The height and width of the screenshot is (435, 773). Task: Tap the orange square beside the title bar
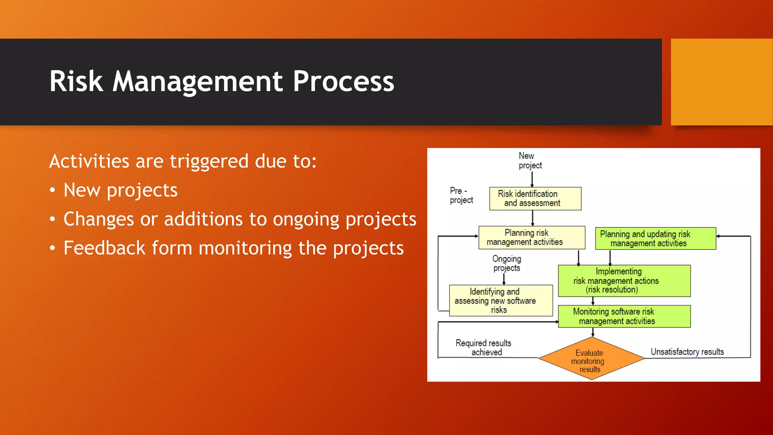pos(721,82)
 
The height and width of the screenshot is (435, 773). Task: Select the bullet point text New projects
pos(120,190)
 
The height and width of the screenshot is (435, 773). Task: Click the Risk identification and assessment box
pos(535,199)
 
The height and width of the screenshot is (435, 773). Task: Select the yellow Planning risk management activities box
pos(531,238)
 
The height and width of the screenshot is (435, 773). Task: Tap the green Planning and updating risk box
pos(655,238)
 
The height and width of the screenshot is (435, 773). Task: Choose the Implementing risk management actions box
pos(624,281)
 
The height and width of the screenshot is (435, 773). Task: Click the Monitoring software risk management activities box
pos(624,316)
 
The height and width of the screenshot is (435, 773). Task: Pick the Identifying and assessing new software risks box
pos(500,301)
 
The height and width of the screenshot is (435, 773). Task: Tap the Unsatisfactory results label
pos(687,352)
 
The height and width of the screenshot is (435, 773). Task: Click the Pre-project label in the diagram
pos(461,195)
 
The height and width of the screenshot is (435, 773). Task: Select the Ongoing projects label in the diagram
pos(507,263)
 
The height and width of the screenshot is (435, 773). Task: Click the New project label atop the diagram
pos(529,160)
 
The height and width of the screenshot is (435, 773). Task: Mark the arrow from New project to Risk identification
pos(532,179)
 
